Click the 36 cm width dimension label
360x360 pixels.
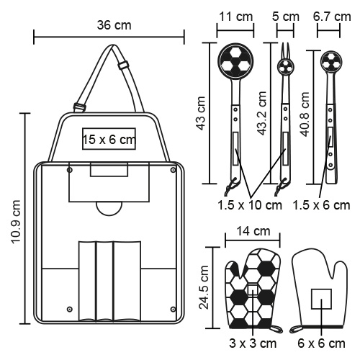pyautogui.click(x=114, y=25)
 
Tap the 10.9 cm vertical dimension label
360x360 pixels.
pyautogui.click(x=17, y=222)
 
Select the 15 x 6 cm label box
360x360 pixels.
pyautogui.click(x=109, y=139)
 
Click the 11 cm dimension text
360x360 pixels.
pyautogui.click(x=235, y=17)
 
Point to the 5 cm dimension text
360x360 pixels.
pyautogui.click(x=286, y=17)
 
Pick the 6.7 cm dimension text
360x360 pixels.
pyautogui.click(x=332, y=17)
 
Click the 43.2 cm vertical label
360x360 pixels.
pyautogui.click(x=261, y=113)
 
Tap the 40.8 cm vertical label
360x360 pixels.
pyautogui.click(x=305, y=114)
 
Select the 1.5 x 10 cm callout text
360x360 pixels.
pyautogui.click(x=250, y=205)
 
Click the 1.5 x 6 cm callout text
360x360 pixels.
pyautogui.click(x=321, y=205)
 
